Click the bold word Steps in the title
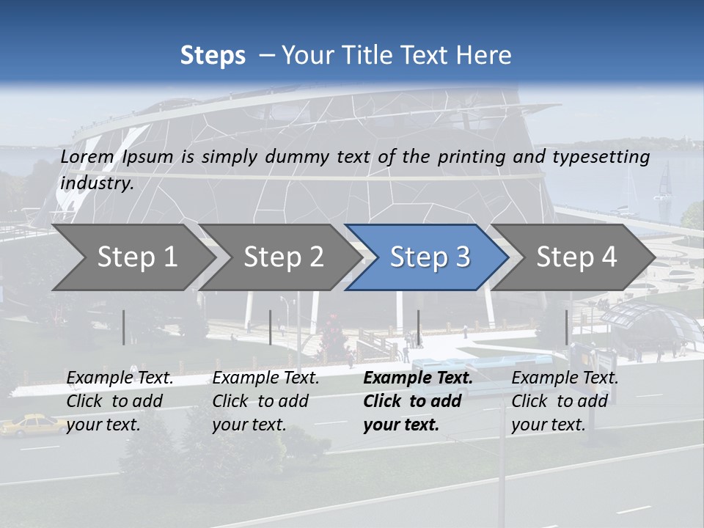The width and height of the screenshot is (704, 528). tap(213, 56)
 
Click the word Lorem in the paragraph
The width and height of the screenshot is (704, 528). tap(87, 157)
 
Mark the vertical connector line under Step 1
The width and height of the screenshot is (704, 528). tap(124, 327)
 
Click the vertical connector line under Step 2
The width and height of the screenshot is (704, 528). tap(271, 327)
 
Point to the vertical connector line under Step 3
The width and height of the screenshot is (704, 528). tap(418, 327)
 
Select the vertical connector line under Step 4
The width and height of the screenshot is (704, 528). tap(566, 327)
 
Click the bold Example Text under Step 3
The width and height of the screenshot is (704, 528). tap(418, 378)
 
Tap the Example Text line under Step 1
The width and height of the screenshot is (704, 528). tap(120, 378)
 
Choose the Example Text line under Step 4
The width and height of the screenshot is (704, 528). tap(565, 378)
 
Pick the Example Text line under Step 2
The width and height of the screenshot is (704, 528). tap(266, 378)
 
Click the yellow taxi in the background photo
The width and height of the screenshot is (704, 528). tap(32, 425)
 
